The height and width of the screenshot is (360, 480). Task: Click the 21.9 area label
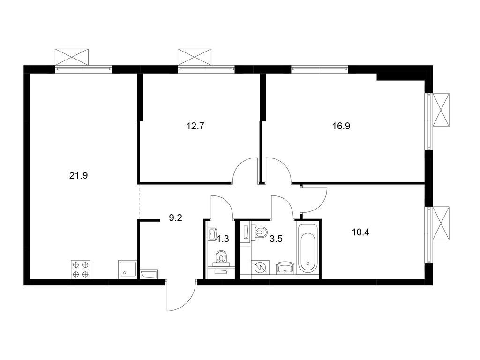(79, 176)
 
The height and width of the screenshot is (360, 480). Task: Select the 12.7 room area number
(195, 126)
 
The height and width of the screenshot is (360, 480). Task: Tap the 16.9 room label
(341, 126)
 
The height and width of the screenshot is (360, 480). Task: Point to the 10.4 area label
(360, 232)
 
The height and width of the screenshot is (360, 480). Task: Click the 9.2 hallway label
(176, 218)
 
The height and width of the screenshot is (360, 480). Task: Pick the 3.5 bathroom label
(276, 239)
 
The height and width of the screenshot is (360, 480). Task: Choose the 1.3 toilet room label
(223, 239)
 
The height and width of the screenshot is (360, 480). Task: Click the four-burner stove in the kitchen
(81, 269)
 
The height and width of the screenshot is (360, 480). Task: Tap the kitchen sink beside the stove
(127, 270)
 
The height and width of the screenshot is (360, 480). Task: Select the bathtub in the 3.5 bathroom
(307, 247)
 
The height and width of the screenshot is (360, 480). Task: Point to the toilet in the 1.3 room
(221, 257)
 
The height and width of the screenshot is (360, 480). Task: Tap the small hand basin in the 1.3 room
(212, 234)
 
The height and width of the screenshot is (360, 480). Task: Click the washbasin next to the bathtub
(285, 268)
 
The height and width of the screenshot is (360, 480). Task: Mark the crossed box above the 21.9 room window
(72, 57)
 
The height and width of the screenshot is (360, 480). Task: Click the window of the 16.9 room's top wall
(320, 69)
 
